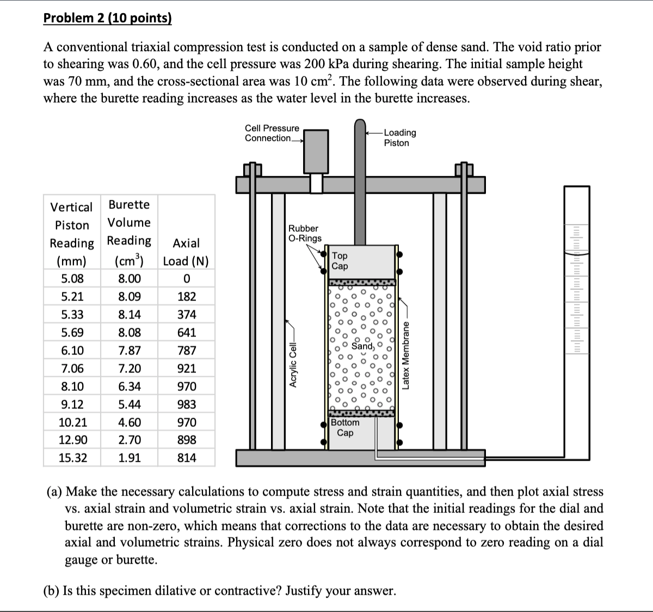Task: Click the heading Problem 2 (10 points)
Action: tap(107, 18)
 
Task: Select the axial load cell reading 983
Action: tap(187, 405)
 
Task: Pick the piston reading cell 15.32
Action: tap(72, 458)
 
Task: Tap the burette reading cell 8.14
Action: tap(130, 315)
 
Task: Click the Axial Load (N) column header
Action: tap(186, 252)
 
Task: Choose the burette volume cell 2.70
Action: tap(130, 440)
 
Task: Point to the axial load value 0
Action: tap(187, 279)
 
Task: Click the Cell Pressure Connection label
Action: tap(272, 133)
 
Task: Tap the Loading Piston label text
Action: tap(399, 138)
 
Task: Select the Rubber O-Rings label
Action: tap(305, 233)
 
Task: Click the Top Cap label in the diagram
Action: tap(340, 261)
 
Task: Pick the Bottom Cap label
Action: tap(345, 427)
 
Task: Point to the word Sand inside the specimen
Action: tap(362, 346)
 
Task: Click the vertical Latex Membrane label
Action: tap(405, 356)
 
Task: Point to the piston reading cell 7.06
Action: tap(72, 369)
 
